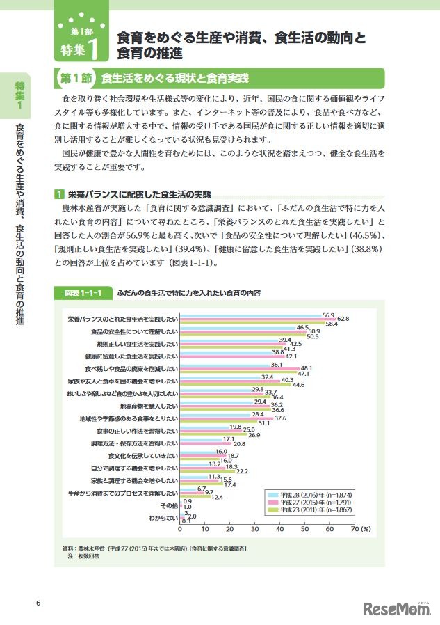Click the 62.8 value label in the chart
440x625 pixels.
(x=343, y=319)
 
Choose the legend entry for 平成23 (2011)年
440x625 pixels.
(x=309, y=510)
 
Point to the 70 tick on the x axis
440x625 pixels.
(x=355, y=529)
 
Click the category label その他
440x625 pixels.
(x=169, y=505)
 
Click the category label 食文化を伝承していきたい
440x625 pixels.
(x=143, y=455)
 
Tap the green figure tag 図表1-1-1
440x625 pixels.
(x=83, y=294)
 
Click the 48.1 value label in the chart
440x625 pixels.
(x=306, y=368)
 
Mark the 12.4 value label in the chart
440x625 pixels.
(x=217, y=497)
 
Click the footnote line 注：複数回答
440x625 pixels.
(x=78, y=557)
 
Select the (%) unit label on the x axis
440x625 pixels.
(x=366, y=529)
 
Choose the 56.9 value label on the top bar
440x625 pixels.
(x=329, y=314)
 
